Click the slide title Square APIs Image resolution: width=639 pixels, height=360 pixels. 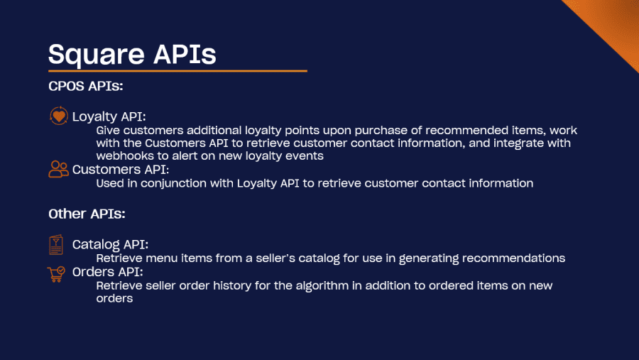point(132,54)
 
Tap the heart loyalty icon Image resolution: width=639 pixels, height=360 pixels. point(59,116)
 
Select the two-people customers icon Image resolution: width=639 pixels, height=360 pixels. point(59,169)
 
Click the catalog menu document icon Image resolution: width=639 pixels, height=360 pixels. point(56,245)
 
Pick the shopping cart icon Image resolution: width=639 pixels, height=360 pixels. point(56,274)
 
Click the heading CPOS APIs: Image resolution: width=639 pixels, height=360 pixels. point(86,87)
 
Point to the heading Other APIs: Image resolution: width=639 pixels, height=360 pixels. point(87,214)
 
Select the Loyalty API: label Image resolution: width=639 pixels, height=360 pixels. point(109,117)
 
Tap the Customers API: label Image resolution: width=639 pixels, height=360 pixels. point(121,170)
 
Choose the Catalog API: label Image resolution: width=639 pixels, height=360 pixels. point(110,245)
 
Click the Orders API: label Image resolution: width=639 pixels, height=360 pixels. point(108,272)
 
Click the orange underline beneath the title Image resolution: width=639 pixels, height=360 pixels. point(177,71)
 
